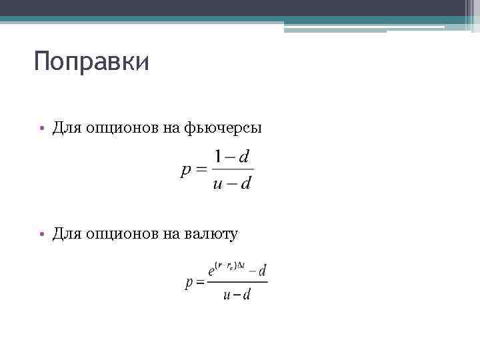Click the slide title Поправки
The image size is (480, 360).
point(91,63)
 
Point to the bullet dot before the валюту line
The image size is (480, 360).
point(41,234)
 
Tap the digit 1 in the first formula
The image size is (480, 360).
point(218,157)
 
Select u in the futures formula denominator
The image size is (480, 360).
point(217,184)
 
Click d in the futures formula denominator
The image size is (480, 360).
point(245,184)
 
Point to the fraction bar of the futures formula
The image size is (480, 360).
point(232,170)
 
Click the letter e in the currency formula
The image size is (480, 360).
point(212,271)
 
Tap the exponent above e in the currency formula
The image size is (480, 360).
point(232,265)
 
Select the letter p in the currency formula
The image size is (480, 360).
point(189,283)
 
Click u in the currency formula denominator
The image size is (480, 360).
point(227,295)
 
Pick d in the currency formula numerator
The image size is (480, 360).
point(262,271)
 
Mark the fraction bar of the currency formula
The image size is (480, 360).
point(237,282)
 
